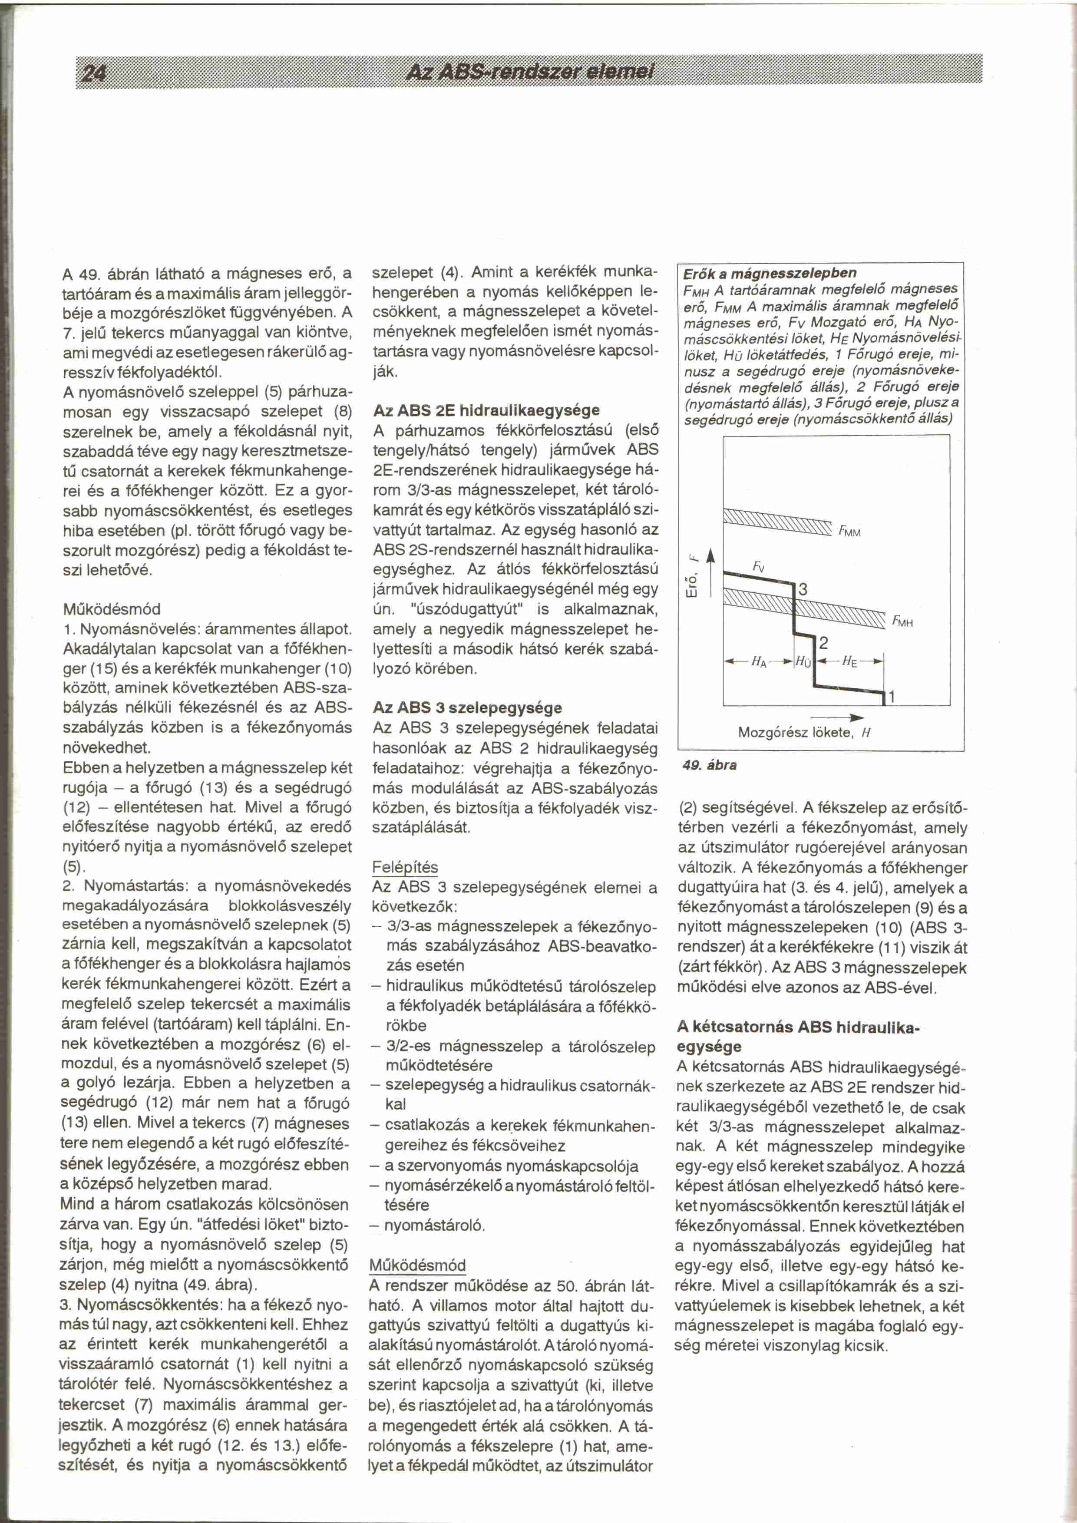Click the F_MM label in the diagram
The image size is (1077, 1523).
point(849,531)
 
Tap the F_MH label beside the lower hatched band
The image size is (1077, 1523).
point(902,622)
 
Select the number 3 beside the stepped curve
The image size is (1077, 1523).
point(803,589)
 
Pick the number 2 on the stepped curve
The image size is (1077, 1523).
point(824,642)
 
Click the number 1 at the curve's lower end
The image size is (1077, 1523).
point(892,697)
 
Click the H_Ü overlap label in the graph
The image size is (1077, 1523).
point(803,662)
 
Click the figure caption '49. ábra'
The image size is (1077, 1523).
point(710,765)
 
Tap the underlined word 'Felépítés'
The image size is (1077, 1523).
point(405,868)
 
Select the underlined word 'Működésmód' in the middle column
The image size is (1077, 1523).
point(418,1265)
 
